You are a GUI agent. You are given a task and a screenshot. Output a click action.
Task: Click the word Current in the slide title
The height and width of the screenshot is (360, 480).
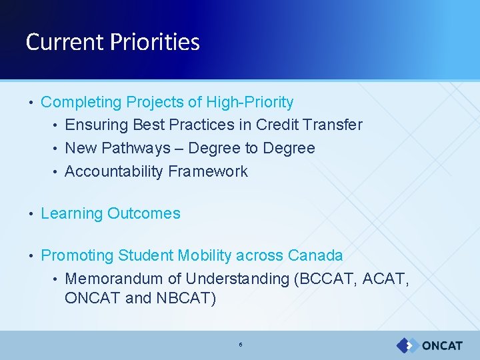tap(65, 42)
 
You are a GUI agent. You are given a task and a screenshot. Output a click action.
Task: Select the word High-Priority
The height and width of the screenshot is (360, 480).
tap(250, 102)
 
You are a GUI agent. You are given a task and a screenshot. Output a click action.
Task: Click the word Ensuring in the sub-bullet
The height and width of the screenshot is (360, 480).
tap(97, 125)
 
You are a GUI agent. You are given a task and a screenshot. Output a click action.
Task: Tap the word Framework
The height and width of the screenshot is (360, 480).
tap(208, 171)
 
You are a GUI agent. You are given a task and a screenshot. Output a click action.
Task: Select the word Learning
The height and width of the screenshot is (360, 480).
tap(71, 214)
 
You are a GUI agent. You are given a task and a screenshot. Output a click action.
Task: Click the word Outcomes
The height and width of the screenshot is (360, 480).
tap(144, 214)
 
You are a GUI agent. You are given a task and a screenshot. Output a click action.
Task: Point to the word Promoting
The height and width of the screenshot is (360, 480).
tap(77, 255)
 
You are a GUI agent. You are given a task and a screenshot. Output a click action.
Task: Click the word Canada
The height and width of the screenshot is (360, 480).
tap(315, 255)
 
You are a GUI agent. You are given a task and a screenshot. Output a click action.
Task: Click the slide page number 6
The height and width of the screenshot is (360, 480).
tap(240, 345)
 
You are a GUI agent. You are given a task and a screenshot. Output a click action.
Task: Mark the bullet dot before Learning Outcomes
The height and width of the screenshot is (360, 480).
tap(31, 214)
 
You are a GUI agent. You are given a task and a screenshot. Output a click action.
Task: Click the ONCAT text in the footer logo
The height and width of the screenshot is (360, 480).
tap(441, 345)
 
